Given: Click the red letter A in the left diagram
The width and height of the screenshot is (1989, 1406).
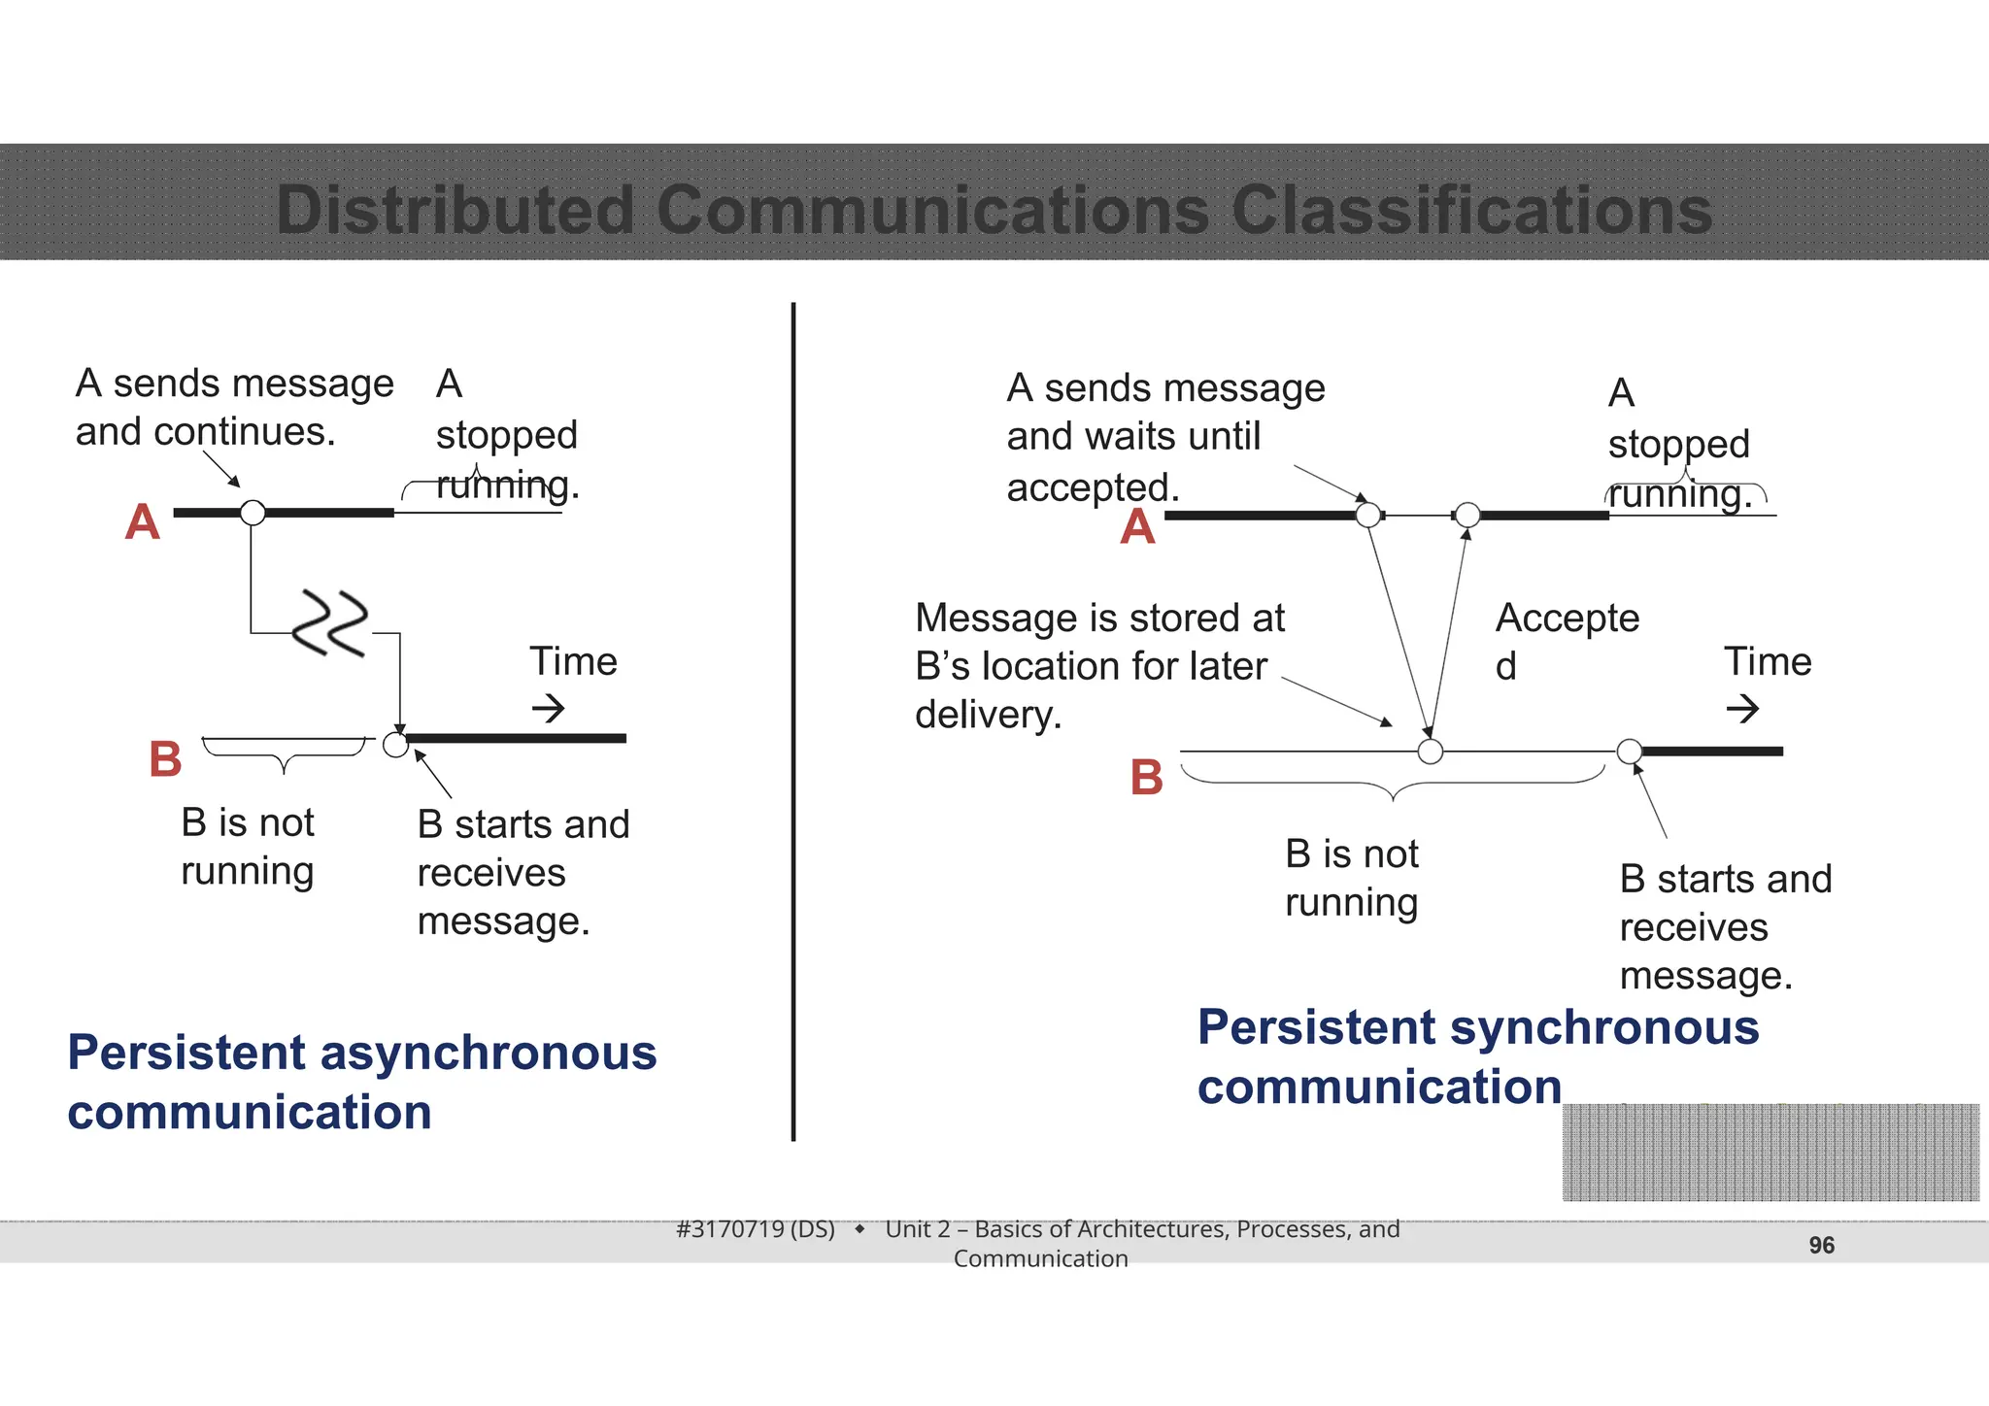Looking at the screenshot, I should (x=142, y=522).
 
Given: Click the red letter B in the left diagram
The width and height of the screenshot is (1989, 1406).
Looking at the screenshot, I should (x=165, y=758).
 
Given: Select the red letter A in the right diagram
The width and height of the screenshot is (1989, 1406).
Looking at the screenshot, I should (x=1137, y=527).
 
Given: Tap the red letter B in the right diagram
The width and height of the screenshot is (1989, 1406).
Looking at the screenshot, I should (x=1146, y=777).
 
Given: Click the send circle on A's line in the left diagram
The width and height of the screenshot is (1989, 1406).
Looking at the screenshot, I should (x=253, y=513).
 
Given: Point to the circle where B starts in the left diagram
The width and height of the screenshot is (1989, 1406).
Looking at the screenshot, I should (x=395, y=745).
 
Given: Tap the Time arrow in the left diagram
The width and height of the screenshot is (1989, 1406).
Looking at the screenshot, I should (x=549, y=708).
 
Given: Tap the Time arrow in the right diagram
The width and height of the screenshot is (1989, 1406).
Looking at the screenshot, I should (x=1742, y=708).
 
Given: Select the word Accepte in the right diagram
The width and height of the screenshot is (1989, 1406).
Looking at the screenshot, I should (x=1567, y=619).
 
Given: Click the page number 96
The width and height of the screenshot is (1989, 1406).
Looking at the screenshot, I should (x=1821, y=1245).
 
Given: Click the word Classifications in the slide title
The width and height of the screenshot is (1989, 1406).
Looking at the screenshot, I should (x=1471, y=210).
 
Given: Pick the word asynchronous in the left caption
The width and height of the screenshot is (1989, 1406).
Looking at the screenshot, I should (x=488, y=1053).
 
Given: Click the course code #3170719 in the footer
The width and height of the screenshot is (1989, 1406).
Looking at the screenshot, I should (x=729, y=1229).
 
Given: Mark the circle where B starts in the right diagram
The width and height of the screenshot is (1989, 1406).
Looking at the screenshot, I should (x=1630, y=751).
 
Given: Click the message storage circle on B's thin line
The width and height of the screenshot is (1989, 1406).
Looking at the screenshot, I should (x=1430, y=751).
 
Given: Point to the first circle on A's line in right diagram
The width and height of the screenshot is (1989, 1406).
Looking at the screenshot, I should (x=1367, y=515).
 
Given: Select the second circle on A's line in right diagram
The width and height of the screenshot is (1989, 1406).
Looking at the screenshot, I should (x=1467, y=515).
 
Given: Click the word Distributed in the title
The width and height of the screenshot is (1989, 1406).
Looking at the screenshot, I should (x=455, y=210).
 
